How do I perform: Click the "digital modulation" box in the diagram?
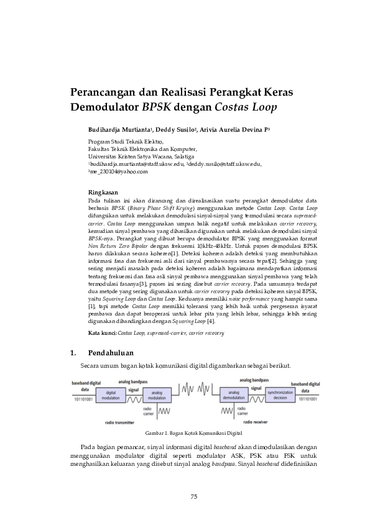click(112, 394)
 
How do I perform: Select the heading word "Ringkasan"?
click(103, 193)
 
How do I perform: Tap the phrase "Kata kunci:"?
click(103, 334)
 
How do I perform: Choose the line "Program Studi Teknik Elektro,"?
click(121, 142)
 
